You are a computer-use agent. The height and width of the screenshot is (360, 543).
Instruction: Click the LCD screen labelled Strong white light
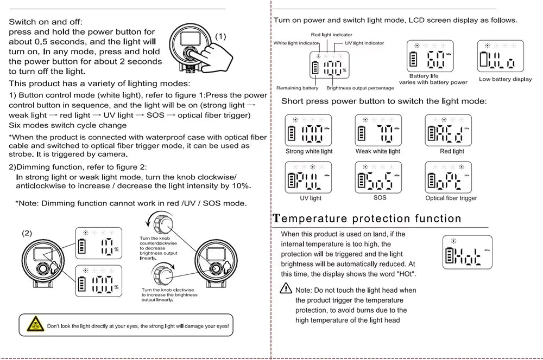coord(308,131)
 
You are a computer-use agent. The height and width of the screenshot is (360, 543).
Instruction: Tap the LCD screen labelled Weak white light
coord(378,131)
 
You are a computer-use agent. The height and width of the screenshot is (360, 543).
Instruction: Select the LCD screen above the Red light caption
coord(448,131)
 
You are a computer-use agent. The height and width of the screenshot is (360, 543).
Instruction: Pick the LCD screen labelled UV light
coord(308,177)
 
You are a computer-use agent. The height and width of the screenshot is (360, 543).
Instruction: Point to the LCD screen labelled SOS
coord(378,177)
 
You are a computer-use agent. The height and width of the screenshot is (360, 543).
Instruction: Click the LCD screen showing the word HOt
coord(467,253)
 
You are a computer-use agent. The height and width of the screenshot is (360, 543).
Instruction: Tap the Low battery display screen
coord(505,57)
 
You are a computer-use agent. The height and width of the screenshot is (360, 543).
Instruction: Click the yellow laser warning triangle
coord(34,326)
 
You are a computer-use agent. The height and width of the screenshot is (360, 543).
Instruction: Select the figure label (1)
coord(221,36)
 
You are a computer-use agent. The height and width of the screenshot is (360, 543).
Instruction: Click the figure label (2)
coord(27,233)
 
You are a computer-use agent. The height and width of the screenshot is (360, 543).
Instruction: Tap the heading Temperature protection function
coord(367,219)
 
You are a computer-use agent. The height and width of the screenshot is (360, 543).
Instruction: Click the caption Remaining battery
coord(297,88)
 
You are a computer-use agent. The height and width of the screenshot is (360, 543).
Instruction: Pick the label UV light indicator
coord(364,43)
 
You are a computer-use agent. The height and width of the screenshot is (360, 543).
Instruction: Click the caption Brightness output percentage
coord(360,88)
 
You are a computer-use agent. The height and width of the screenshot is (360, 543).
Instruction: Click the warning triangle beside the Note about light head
coord(286,289)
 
